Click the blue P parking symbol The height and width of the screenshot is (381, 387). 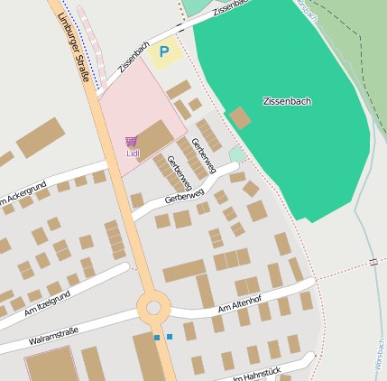point(163,52)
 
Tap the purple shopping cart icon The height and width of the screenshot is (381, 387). point(132,142)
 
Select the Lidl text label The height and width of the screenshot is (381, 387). point(133,153)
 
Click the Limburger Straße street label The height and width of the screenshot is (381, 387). point(75,42)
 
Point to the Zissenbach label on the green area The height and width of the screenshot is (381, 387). point(287,101)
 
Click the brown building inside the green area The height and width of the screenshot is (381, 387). point(240,117)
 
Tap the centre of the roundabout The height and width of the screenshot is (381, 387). point(154,308)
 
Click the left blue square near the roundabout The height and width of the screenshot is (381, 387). point(156,338)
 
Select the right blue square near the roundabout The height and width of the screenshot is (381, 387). point(169,337)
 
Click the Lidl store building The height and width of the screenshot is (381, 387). point(153,137)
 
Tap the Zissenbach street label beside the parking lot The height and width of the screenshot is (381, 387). point(134,57)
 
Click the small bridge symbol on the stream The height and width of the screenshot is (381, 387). point(373,262)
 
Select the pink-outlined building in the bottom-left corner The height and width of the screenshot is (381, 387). point(50,364)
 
